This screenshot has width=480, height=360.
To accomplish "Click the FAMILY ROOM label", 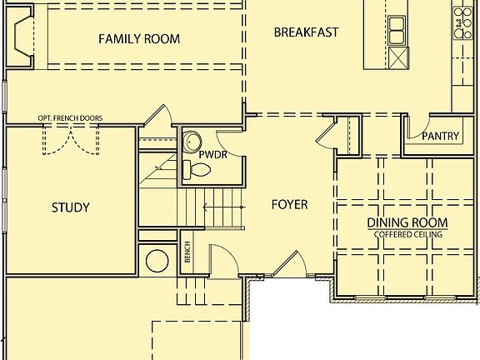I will [139, 39].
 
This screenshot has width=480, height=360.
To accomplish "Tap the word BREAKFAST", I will [307, 32].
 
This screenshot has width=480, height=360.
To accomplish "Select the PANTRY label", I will [441, 136].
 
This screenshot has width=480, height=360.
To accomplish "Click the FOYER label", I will [289, 204].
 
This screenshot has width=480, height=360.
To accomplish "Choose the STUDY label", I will [70, 207].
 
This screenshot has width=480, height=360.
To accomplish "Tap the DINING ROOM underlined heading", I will [408, 222].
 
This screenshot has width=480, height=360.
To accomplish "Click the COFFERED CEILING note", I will [408, 235].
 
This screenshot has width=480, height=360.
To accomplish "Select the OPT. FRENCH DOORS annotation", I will [71, 118].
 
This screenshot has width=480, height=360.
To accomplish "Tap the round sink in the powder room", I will [193, 139].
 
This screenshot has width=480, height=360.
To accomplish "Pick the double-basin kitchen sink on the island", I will [397, 30].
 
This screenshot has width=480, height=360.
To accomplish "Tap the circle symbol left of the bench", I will [157, 260].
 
